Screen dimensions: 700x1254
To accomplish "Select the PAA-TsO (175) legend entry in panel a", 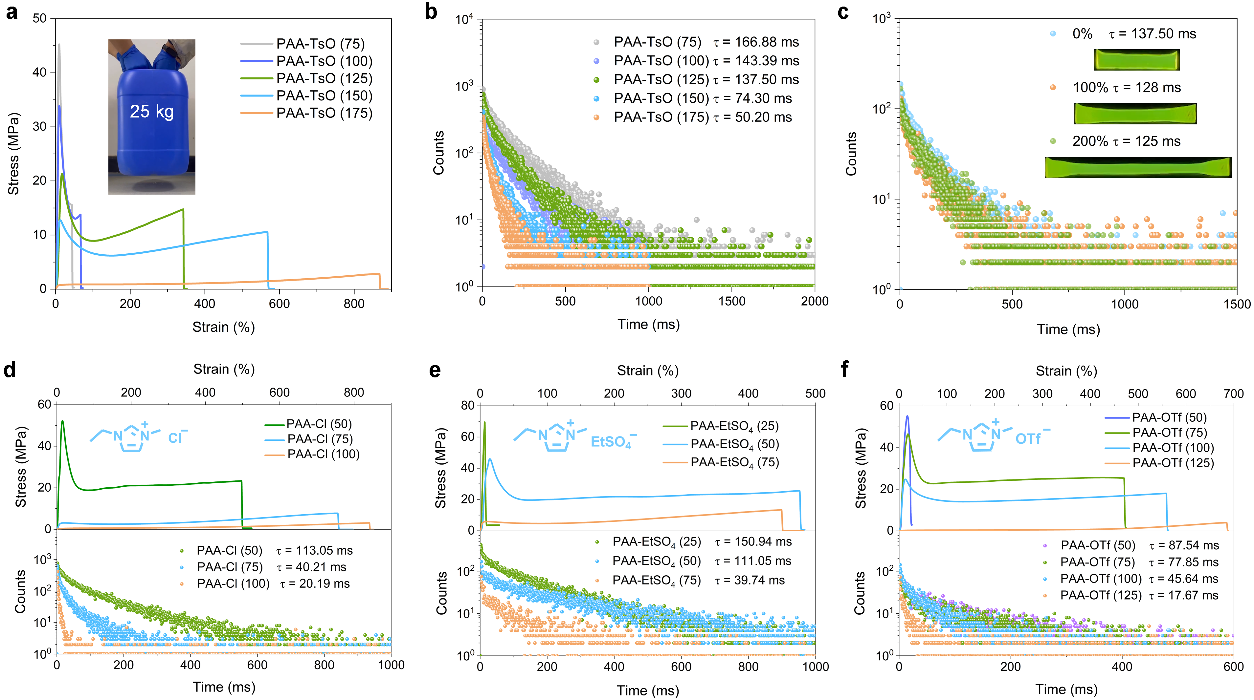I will pos(324,113).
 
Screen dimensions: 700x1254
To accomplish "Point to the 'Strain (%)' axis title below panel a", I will pos(223,327).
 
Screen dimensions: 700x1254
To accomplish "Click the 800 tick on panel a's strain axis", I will pos(354,304).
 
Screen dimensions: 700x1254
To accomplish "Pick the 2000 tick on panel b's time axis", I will pos(815,302).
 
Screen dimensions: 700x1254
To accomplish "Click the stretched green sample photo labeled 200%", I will pos(1138,167).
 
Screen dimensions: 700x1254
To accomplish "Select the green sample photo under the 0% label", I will pos(1136,60).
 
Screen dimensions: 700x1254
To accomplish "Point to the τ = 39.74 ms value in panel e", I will pos(750,580).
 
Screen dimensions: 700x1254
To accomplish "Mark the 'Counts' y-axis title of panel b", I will pos(438,153).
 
